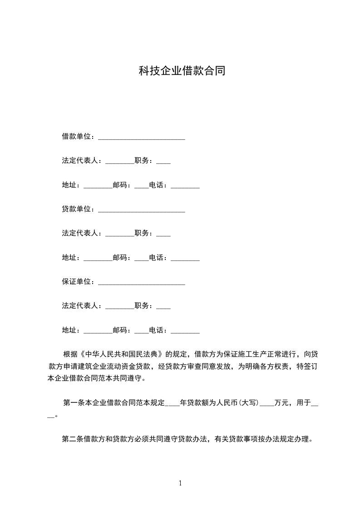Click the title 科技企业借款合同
(x=182, y=71)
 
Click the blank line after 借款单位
(x=142, y=138)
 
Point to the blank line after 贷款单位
(x=142, y=211)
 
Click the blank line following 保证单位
(x=142, y=284)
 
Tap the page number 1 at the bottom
(x=180, y=483)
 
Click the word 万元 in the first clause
(x=282, y=402)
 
